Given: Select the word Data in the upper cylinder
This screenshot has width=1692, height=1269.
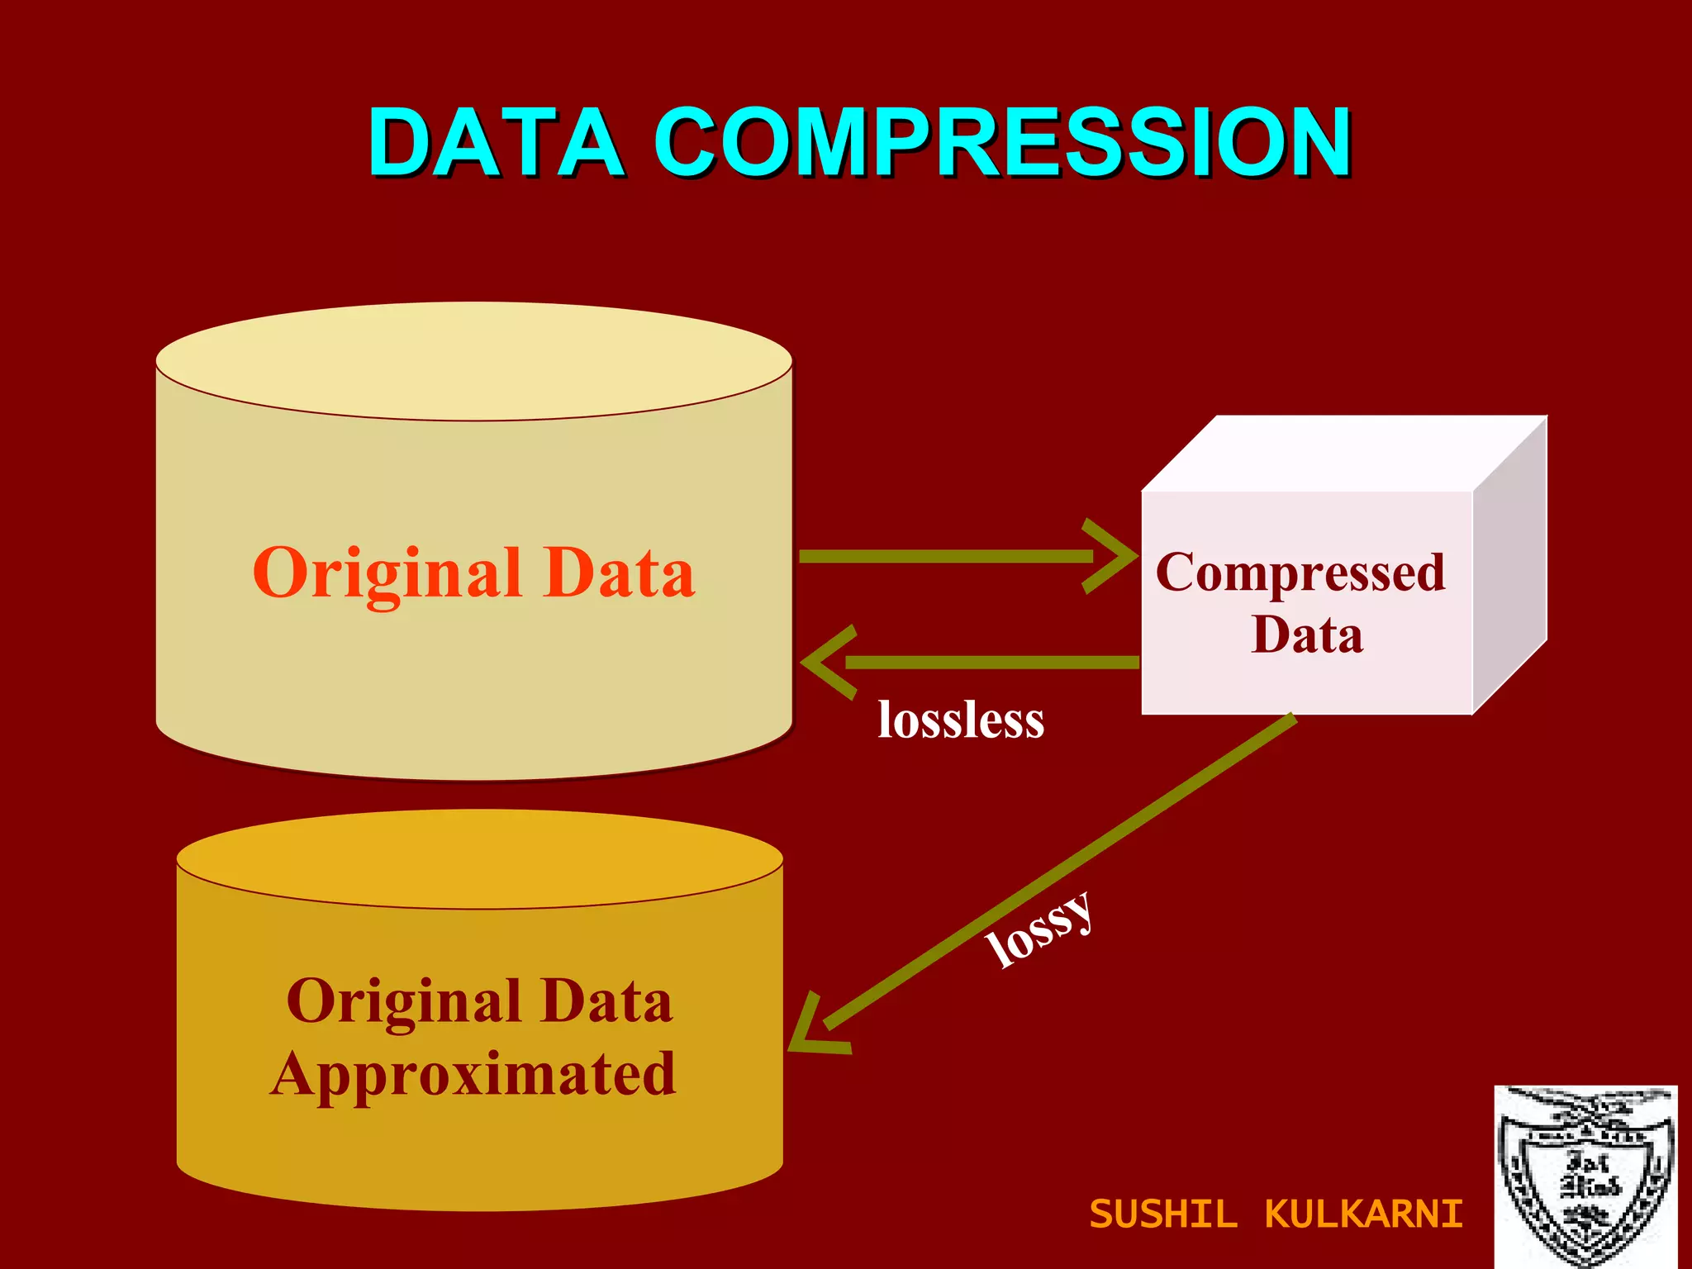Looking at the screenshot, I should click(x=619, y=573).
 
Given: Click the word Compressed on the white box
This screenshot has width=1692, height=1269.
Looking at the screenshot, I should click(x=1300, y=572).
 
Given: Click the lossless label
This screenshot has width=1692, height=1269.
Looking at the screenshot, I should click(x=961, y=720).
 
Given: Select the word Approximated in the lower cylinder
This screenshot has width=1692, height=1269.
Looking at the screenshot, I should click(x=473, y=1074).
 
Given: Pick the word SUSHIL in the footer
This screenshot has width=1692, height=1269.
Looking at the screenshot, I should click(x=1163, y=1214).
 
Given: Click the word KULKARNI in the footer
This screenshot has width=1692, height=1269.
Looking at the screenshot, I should click(x=1363, y=1214).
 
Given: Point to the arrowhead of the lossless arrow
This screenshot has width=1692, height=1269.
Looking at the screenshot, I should click(x=826, y=662).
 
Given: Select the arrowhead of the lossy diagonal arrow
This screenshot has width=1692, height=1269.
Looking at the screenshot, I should click(x=814, y=1033).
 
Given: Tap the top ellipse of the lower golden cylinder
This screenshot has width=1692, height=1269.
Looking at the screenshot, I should click(x=479, y=859).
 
